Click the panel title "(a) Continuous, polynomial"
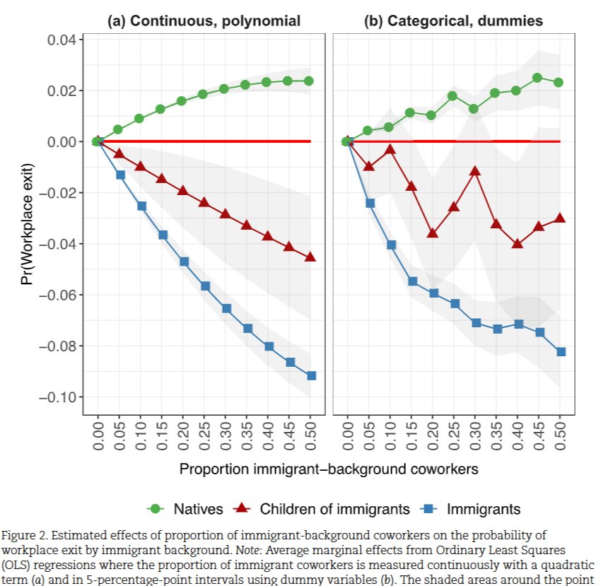click(x=204, y=21)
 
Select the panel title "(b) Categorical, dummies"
click(x=453, y=21)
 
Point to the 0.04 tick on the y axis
click(x=62, y=40)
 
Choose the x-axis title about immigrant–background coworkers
click(x=329, y=469)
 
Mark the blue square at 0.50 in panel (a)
click(x=311, y=375)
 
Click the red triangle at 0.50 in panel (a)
click(x=311, y=257)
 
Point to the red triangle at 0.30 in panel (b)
click(x=474, y=171)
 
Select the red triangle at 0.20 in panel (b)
click(x=432, y=233)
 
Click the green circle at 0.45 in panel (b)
click(x=538, y=78)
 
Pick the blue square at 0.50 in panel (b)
click(x=560, y=351)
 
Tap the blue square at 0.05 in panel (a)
click(x=119, y=175)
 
